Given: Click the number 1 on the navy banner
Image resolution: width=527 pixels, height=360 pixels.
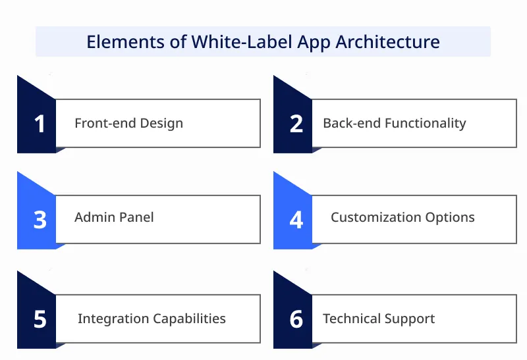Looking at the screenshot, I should [40, 124].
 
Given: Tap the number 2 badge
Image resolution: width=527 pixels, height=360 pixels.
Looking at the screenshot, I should [296, 124].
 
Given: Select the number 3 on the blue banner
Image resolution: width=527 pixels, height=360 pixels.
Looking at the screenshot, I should [40, 219].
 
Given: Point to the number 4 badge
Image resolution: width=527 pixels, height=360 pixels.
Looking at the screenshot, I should [296, 219].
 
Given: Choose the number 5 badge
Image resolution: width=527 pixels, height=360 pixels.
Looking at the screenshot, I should [40, 319].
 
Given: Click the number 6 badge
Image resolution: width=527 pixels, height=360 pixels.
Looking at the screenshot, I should [296, 319].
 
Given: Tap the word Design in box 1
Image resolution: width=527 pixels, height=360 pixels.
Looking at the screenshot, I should [160, 123].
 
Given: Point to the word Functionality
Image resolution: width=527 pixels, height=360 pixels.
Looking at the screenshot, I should [426, 123].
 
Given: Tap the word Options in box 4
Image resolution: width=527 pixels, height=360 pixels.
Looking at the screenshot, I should [451, 217].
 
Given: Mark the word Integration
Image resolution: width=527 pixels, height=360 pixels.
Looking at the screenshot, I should [113, 319].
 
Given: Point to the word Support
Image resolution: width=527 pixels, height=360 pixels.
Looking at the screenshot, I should [410, 319].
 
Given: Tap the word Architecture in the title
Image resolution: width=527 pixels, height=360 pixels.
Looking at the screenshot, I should [388, 42].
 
